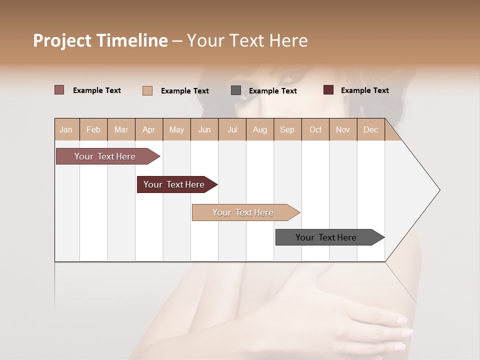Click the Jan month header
click(66, 129)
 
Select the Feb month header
click(93, 129)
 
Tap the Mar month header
click(121, 129)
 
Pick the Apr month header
click(149, 129)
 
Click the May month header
click(176, 129)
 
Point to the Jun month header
click(204, 129)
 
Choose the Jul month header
click(232, 129)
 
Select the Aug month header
click(260, 129)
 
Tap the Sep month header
click(287, 129)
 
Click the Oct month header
click(315, 129)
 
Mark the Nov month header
click(343, 129)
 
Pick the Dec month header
click(370, 129)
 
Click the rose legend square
click(59, 90)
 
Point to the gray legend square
click(236, 90)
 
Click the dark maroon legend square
click(328, 90)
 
